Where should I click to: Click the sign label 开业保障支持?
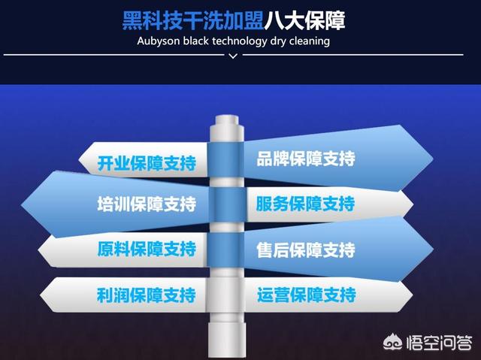coord(147,163)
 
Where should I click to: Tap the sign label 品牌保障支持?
coord(306,159)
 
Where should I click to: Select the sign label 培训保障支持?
coord(147,204)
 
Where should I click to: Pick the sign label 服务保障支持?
coord(306,204)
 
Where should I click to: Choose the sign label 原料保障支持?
coord(147,249)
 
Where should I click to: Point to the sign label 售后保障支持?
coord(306,250)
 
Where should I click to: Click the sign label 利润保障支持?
coord(147,295)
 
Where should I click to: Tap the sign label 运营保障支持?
coord(307,295)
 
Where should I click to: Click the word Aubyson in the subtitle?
coord(159,41)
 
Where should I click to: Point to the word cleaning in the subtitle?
coord(310,41)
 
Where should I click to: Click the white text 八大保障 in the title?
coord(304,20)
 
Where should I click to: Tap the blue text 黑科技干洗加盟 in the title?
coord(193,20)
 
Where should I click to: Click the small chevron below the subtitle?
coord(233,56)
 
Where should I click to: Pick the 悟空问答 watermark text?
coord(439,343)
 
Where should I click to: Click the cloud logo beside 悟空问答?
coord(393,343)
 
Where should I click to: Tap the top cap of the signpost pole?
coord(227,120)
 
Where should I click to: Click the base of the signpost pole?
coord(227,340)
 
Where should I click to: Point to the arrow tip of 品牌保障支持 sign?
coord(433,159)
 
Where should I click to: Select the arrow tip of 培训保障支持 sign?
coord(22,204)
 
